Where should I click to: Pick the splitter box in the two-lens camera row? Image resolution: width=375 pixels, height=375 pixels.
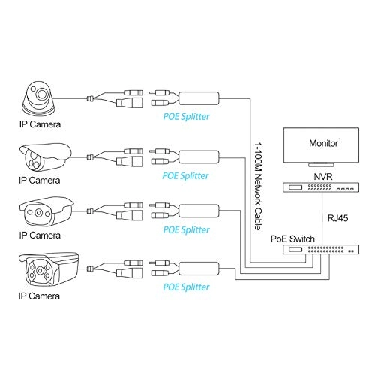coord(198,155)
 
